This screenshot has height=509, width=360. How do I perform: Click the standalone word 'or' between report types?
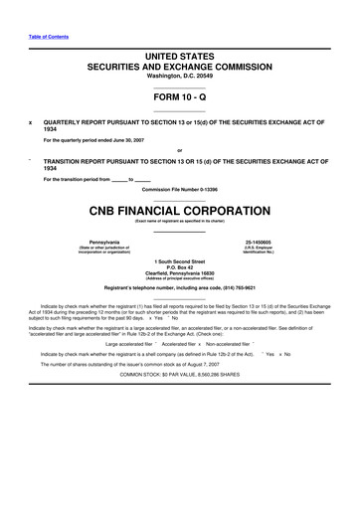point(179,150)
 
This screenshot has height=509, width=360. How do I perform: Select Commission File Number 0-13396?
point(179,189)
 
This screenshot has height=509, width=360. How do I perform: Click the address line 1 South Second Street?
point(179,260)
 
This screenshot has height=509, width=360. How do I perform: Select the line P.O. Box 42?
point(179,266)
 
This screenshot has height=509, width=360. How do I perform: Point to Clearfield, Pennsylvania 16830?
point(179,272)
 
